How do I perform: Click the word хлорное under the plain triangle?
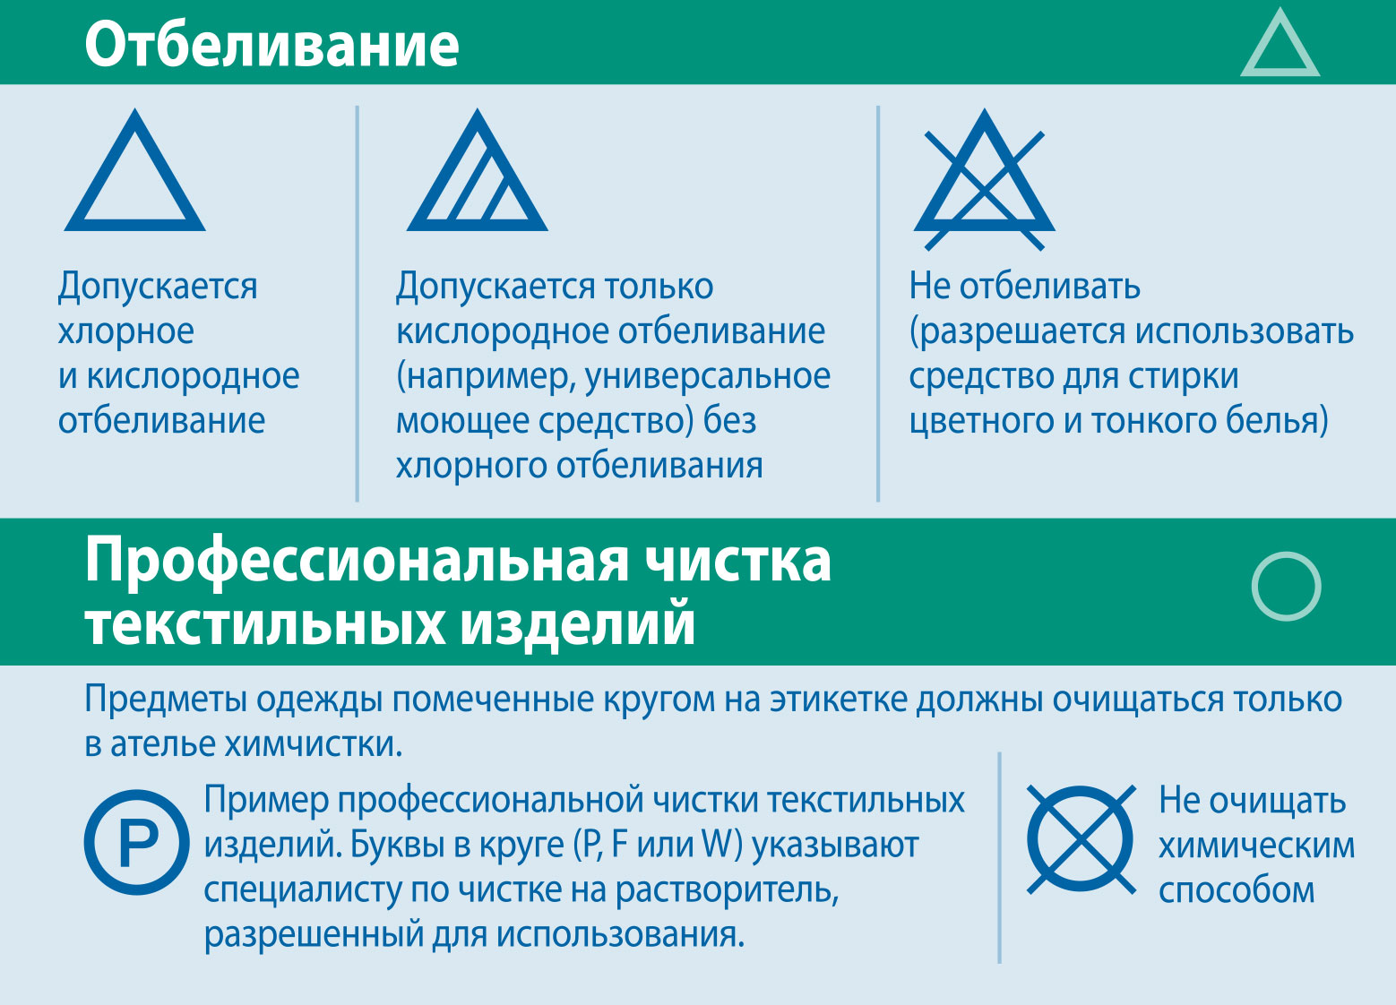pos(126,331)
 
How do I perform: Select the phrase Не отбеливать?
pos(1024,286)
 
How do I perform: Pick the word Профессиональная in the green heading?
pos(358,563)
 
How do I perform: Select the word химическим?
pos(1257,846)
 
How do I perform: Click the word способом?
pos(1237,891)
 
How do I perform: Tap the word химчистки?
pos(314,744)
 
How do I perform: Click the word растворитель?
pos(728,890)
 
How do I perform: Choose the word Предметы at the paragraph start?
pos(166,700)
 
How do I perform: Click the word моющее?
pos(463,422)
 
